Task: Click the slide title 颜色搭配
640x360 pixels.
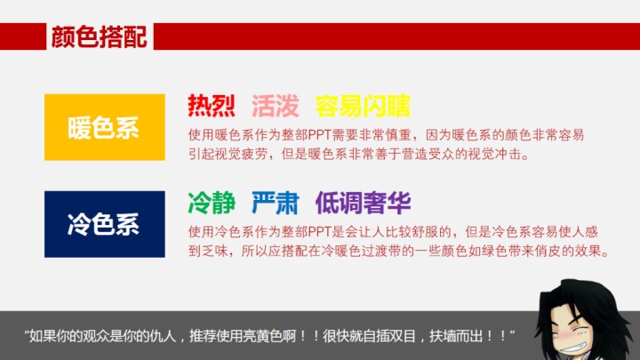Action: (x=99, y=36)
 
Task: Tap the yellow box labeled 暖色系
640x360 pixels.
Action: (x=105, y=127)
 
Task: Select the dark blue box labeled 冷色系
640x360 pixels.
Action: (x=105, y=224)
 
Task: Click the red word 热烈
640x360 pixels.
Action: (x=211, y=106)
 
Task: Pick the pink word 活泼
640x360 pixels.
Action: (x=275, y=106)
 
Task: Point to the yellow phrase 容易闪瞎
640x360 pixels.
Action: (x=363, y=106)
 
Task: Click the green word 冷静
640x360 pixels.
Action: (x=211, y=203)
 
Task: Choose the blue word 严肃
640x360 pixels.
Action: (x=275, y=203)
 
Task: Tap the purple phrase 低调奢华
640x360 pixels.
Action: (x=363, y=203)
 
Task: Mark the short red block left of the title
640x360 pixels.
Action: (x=23, y=36)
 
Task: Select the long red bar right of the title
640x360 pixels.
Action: (x=396, y=36)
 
